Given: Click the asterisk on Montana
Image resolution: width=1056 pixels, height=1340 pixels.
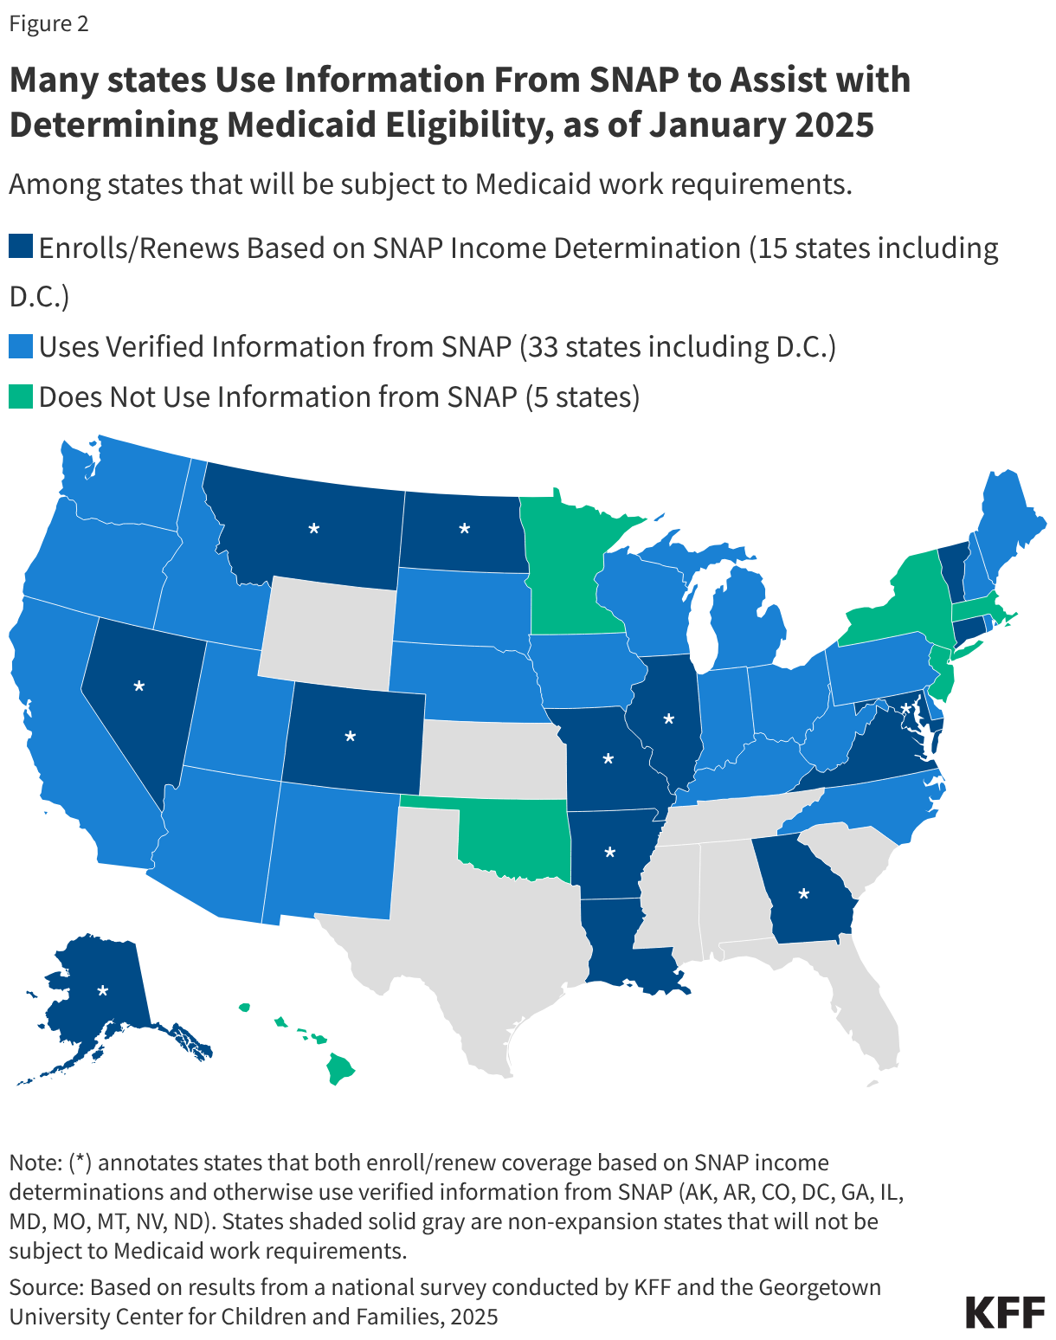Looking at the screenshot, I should (314, 528).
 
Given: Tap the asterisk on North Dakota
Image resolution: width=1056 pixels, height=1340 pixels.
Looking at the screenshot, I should (464, 528).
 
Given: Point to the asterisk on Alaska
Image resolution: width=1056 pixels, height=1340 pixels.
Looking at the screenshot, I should (103, 990).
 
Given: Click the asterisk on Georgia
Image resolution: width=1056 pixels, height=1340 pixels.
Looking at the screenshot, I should (804, 894).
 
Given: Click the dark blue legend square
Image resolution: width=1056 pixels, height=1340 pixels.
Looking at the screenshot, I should (21, 248).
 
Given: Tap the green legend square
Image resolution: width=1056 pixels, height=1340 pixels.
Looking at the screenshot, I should (21, 396).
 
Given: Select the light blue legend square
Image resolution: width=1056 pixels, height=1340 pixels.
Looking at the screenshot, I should (21, 346).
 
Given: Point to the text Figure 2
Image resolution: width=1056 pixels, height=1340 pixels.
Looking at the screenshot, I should (49, 23).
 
